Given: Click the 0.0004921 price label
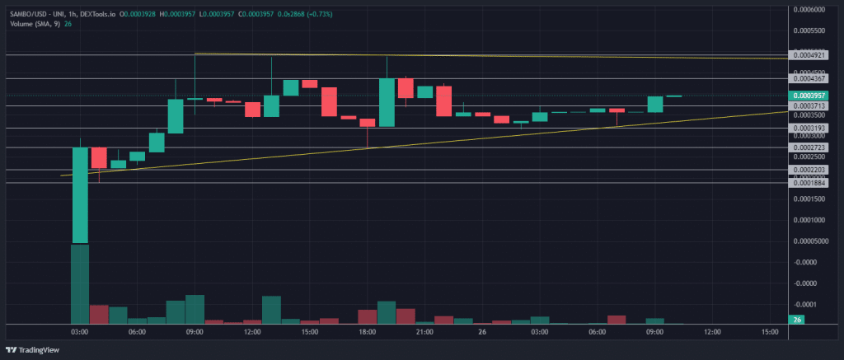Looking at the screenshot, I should [x=808, y=55].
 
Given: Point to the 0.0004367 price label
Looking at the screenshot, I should [x=808, y=78].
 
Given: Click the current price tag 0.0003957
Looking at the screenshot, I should [x=808, y=96].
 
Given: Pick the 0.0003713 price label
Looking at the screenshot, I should [x=808, y=106].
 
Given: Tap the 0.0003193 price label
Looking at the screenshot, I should [x=808, y=129].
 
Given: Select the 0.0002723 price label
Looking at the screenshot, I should [x=808, y=147].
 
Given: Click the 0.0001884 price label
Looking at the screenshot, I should [x=808, y=184].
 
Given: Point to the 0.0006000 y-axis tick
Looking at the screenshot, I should [x=809, y=10].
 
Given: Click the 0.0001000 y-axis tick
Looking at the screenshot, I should [x=809, y=220].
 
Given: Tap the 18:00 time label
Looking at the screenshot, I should [x=367, y=332].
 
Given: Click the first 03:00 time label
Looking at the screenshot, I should [x=80, y=332].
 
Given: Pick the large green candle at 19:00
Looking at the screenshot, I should [x=387, y=102].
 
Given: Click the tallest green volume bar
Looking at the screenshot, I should [x=80, y=284].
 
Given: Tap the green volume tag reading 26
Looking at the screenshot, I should [x=797, y=320].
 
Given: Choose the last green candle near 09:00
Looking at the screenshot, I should [x=655, y=104].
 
